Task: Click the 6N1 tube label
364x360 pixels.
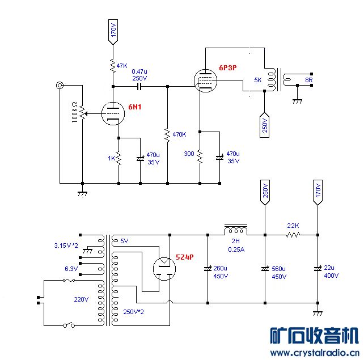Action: [x=135, y=107]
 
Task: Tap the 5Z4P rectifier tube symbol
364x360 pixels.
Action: [x=165, y=266]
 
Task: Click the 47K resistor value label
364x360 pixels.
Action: [x=122, y=66]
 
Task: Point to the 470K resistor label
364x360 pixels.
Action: [x=179, y=134]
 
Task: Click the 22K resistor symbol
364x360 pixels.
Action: [x=293, y=234]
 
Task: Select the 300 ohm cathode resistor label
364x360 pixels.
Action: [x=189, y=154]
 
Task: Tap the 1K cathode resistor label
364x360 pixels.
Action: [x=111, y=158]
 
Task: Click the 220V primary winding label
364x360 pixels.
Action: [x=82, y=299]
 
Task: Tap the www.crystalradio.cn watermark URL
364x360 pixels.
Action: [x=314, y=353]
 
